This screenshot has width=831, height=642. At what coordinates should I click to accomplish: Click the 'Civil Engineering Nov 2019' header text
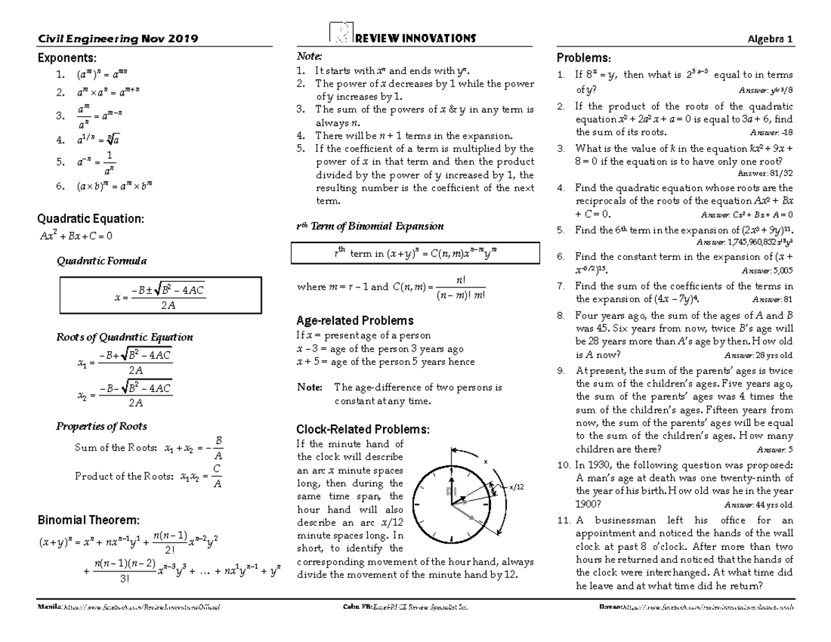click(118, 39)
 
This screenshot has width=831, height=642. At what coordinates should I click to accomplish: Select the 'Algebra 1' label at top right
click(771, 39)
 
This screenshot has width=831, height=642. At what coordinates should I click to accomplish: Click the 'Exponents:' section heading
click(68, 57)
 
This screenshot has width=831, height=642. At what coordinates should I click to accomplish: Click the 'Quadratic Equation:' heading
click(90, 219)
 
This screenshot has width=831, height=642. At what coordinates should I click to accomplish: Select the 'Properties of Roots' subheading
click(101, 426)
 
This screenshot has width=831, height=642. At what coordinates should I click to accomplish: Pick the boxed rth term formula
click(415, 254)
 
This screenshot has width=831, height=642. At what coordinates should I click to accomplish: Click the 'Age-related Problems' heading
click(355, 321)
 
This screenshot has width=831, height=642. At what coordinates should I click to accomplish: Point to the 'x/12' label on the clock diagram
click(517, 487)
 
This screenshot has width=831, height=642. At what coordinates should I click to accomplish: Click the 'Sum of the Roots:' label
click(116, 448)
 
